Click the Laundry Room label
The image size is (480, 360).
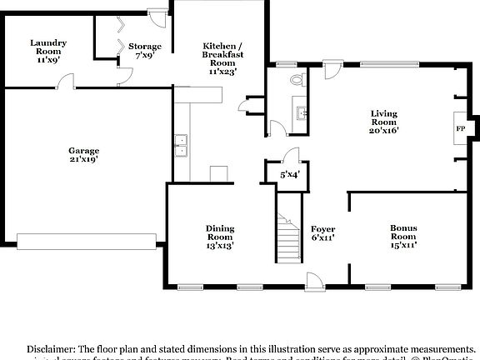click(47, 47)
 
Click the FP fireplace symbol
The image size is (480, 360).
click(460, 128)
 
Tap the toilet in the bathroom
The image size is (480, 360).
click(297, 81)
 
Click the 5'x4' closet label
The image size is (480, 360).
click(288, 174)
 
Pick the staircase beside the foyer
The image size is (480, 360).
click(288, 237)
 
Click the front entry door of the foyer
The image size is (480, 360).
click(315, 281)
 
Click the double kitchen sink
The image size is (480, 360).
click(181, 147)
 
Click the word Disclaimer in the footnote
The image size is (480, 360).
click(51, 348)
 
